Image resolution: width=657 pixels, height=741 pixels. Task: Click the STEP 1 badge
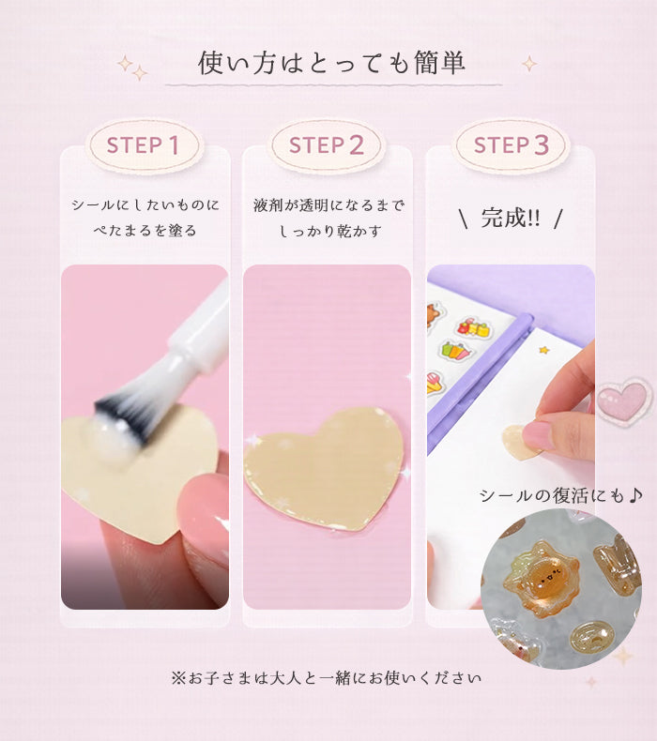(145, 145)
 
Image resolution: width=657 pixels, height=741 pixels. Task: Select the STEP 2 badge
(327, 145)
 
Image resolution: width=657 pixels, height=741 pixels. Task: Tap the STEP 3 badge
(511, 145)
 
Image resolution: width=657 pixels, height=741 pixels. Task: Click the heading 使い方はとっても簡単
(331, 63)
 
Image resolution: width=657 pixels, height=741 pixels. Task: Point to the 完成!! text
(511, 219)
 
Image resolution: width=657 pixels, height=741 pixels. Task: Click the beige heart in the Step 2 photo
(325, 469)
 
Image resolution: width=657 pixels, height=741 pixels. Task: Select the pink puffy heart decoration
(623, 400)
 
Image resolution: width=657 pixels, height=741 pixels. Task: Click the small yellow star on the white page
(544, 350)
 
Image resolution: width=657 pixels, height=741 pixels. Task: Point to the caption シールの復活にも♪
(561, 496)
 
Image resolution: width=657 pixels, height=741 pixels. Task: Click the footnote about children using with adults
(327, 678)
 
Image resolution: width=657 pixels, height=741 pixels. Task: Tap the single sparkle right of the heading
(529, 64)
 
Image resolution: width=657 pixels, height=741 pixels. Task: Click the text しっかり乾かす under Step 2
(329, 231)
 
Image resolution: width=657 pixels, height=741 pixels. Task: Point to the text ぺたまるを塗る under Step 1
(145, 231)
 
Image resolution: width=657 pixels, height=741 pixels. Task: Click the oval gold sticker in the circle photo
(591, 635)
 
